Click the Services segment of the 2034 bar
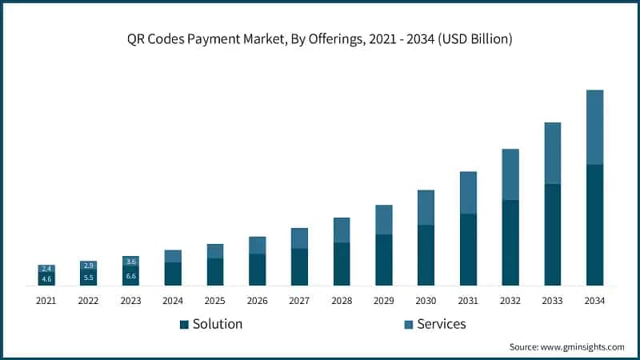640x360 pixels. tap(594, 127)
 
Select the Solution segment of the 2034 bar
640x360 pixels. tap(594, 225)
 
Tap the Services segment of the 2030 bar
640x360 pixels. tap(426, 207)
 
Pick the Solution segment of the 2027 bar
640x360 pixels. tap(299, 266)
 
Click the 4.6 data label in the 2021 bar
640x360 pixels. tap(46, 279)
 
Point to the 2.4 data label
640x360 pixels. tap(46, 269)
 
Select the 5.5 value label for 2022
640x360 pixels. tap(89, 278)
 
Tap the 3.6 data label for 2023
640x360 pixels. tap(131, 262)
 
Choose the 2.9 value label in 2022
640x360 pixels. tap(89, 266)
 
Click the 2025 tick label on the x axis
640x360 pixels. tap(215, 301)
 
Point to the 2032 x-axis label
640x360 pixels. tap(510, 301)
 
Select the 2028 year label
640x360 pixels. tap(342, 301)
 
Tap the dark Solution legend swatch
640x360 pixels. tap(184, 325)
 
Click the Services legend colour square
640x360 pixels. tap(408, 325)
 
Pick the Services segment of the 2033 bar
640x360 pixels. tap(552, 153)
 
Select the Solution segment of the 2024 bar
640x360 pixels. tap(173, 274)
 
